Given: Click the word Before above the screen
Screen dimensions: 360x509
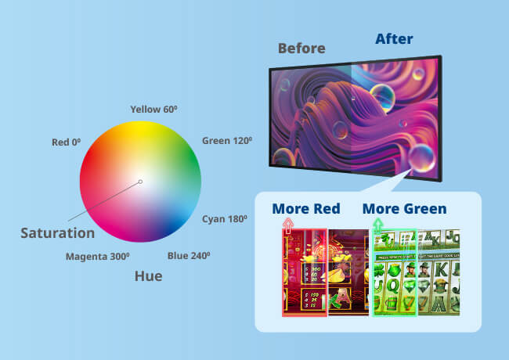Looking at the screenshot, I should coord(301,48).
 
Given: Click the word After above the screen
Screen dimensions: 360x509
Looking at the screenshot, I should coord(394,38).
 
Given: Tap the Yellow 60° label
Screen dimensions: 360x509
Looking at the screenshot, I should coord(153,109).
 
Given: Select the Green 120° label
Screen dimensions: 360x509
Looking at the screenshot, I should coord(227,141).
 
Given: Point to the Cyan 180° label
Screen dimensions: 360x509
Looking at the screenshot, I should coord(227,218).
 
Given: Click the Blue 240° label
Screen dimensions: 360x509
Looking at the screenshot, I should coord(189,255).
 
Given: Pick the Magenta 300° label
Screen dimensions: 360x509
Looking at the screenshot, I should coord(97,256).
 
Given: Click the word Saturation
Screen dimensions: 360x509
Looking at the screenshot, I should coord(57,232).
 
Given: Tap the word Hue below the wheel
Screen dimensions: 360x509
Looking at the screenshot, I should coord(148,275).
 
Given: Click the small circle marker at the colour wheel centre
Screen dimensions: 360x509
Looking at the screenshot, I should coord(140,182).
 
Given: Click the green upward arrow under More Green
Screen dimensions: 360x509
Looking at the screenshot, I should coord(378,226).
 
